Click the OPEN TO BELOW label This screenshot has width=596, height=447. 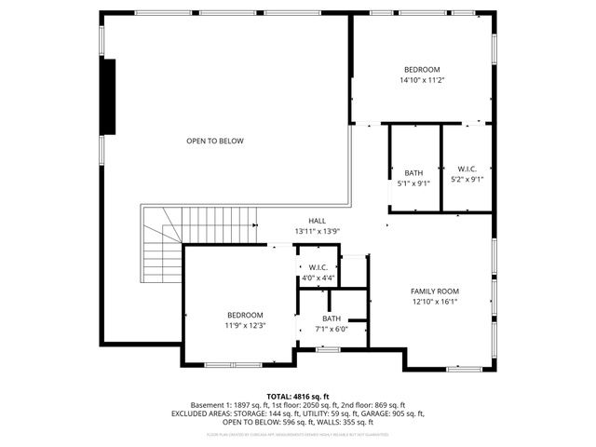214,141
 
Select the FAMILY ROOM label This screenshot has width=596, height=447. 436,291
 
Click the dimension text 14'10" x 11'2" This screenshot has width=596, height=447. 422,81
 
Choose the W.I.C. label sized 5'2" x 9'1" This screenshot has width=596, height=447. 467,169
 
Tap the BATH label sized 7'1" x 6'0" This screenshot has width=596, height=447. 332,318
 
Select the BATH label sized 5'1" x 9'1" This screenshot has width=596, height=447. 413,173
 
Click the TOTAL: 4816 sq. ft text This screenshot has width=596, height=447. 298,397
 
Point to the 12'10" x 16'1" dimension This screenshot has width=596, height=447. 436,302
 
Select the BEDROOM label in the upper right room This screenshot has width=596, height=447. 422,70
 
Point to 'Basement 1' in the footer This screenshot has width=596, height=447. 211,405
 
